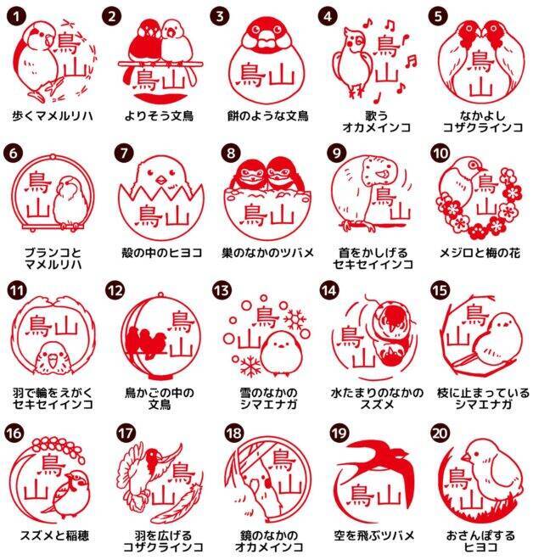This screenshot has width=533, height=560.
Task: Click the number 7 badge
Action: click(124, 154)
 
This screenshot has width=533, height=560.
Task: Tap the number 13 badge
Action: click(222, 290)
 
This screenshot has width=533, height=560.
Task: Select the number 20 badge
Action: click(440, 434)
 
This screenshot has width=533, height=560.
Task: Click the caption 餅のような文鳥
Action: click(268, 116)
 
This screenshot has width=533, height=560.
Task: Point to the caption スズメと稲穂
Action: click(54, 535)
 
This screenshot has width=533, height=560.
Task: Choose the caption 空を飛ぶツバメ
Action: click(374, 535)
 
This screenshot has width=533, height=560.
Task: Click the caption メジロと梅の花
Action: click(480, 253)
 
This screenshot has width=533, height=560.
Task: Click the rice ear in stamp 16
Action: click(57, 448)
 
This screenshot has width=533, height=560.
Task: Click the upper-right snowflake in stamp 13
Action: click(295, 319)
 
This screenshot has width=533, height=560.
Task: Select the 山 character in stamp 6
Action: click(38, 208)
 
